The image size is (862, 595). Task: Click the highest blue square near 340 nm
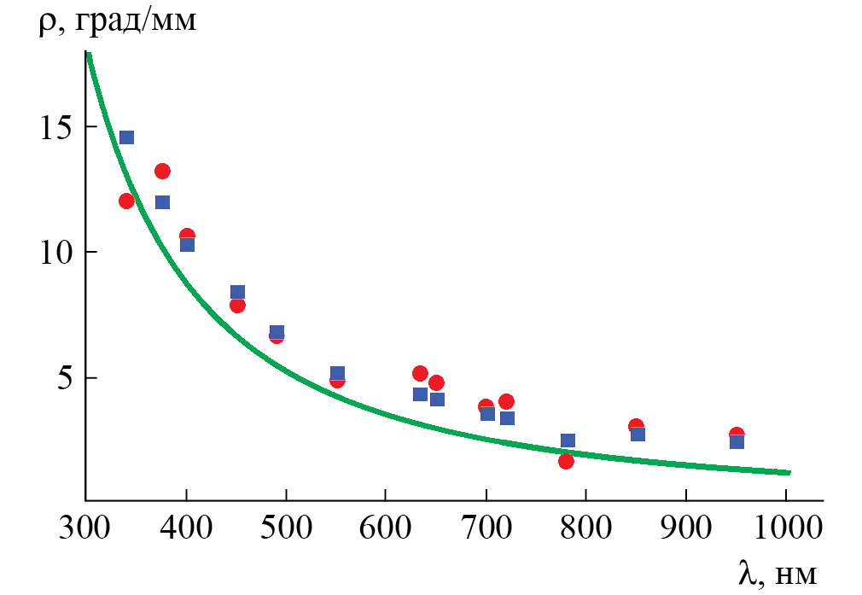point(126,137)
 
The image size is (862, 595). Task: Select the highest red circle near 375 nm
point(162,171)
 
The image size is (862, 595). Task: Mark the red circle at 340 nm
point(126,201)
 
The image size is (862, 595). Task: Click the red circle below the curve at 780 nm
point(566,461)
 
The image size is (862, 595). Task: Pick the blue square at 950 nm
point(737,441)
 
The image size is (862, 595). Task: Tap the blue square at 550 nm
point(337,373)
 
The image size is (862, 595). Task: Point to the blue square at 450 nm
point(237,292)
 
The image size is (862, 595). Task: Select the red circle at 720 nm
point(506,401)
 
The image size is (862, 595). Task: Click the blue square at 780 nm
point(568,440)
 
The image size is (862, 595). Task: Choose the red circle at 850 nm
point(636,426)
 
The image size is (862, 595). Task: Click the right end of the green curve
point(789,472)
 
